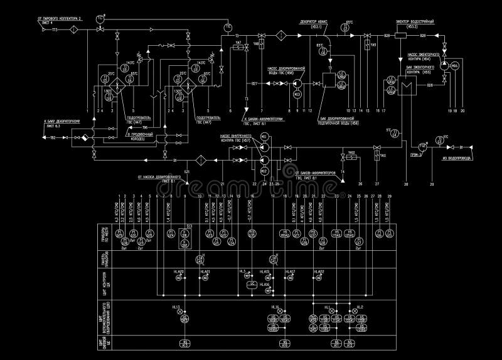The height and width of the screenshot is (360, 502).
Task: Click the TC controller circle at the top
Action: [100, 19]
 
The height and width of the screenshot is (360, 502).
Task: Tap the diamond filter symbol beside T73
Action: [73, 29]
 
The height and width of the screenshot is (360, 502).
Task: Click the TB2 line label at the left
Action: [53, 137]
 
